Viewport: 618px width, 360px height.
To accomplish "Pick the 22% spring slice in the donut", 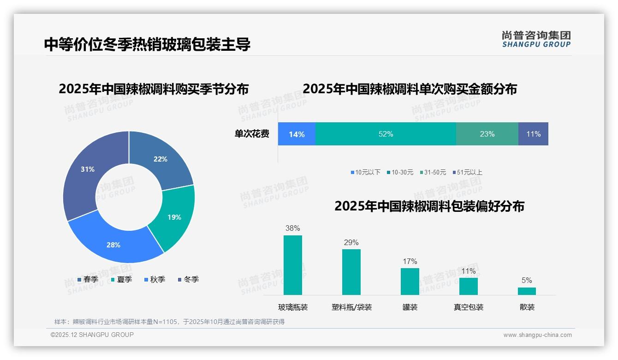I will coord(161,159).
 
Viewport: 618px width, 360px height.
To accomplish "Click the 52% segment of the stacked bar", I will coord(386,134).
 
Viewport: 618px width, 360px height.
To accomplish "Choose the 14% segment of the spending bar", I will coord(297,134).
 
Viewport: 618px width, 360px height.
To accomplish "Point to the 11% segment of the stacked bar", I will coord(533,134).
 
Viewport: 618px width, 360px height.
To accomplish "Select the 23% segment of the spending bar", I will coord(487,134).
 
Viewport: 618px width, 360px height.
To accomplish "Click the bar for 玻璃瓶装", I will coord(293,265).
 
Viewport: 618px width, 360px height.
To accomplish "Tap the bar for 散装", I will coord(527,291).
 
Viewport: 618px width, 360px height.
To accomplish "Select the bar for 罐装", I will coord(410,281).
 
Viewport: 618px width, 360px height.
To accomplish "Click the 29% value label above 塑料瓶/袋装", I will coord(351,242).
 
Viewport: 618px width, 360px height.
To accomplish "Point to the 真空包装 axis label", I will coord(469,307).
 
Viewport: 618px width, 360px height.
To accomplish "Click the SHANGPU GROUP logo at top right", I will coord(536,39).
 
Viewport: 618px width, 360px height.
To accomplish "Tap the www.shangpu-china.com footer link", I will coord(537,335).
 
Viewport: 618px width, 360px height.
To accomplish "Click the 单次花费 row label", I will coord(252,134).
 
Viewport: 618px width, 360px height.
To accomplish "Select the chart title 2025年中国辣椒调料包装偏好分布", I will coord(429,206).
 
